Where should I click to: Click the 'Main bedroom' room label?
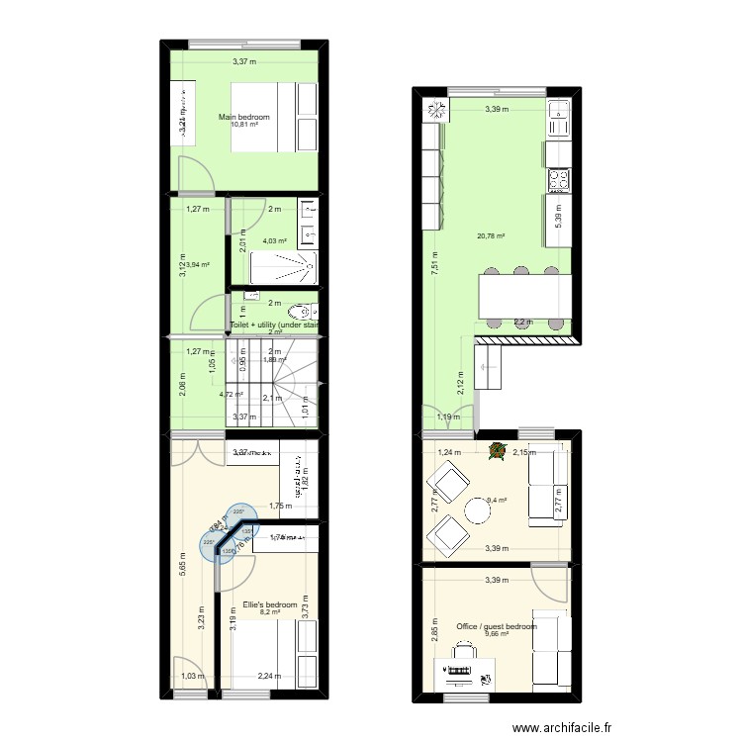pyautogui.click(x=244, y=116)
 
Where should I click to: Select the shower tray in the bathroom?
pyautogui.click(x=283, y=267)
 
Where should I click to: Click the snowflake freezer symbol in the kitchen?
pyautogui.click(x=433, y=108)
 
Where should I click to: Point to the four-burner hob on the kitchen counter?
pyautogui.click(x=558, y=180)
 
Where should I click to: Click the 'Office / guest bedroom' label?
pyautogui.click(x=497, y=626)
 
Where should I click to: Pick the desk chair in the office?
pyautogui.click(x=462, y=654)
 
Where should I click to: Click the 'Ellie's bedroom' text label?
pyautogui.click(x=270, y=604)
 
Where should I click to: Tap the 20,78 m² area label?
pyautogui.click(x=491, y=236)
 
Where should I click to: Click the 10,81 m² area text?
pyautogui.click(x=244, y=125)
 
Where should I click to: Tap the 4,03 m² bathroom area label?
pyautogui.click(x=274, y=240)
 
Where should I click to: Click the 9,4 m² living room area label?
pyautogui.click(x=497, y=501)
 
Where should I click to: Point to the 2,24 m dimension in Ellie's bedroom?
pyautogui.click(x=269, y=677)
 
